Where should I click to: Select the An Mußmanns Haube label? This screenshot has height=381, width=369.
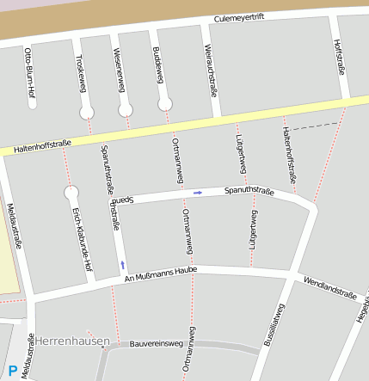pyautogui.click(x=161, y=273)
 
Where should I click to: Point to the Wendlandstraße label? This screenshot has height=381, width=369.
pyautogui.click(x=329, y=287)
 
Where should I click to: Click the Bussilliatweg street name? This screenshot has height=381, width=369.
pyautogui.click(x=275, y=330)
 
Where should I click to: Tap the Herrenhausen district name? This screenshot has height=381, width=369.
pyautogui.click(x=73, y=341)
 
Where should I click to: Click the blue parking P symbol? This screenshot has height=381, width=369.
pyautogui.click(x=12, y=371)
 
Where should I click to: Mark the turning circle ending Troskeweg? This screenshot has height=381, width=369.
pyautogui.click(x=86, y=113)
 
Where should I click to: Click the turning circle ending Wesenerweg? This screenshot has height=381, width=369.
pyautogui.click(x=126, y=109)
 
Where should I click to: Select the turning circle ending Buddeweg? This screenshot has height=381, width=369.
pyautogui.click(x=164, y=104)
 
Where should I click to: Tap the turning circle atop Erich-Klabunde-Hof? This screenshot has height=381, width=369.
pyautogui.click(x=71, y=193)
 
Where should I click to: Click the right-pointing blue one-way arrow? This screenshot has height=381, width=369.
pyautogui.click(x=198, y=193)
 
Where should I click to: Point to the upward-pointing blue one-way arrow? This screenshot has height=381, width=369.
pyautogui.click(x=122, y=264)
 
